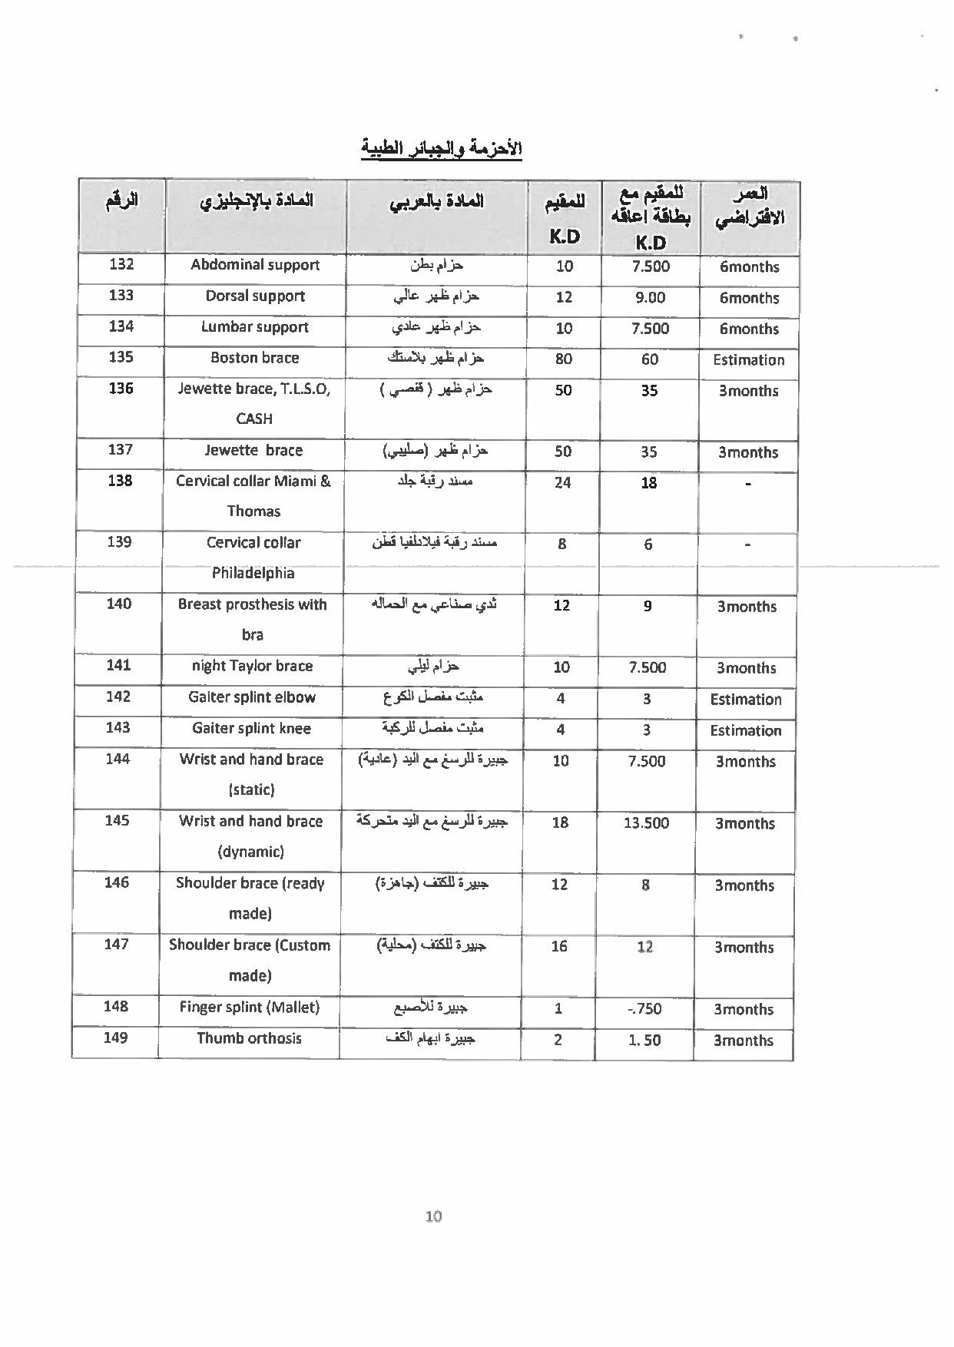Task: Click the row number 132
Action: pos(121,264)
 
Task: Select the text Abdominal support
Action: pos(255,265)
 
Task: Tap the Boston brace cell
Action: pos(255,358)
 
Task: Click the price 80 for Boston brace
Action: pos(564,359)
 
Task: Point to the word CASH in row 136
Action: pos(254,419)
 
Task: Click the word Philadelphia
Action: pos(253,573)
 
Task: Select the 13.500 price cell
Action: pos(647,822)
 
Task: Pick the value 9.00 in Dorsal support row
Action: pos(650,297)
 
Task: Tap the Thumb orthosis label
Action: pos(250,1038)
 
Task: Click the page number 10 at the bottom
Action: pos(433,1216)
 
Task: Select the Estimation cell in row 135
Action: pos(748,359)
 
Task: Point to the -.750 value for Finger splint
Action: pos(644,1009)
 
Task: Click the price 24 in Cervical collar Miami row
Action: pos(562,482)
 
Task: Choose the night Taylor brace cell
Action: pos(252,666)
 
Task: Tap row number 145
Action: pos(117,820)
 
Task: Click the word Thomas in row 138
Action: pos(253,511)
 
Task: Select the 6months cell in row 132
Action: pos(749,267)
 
